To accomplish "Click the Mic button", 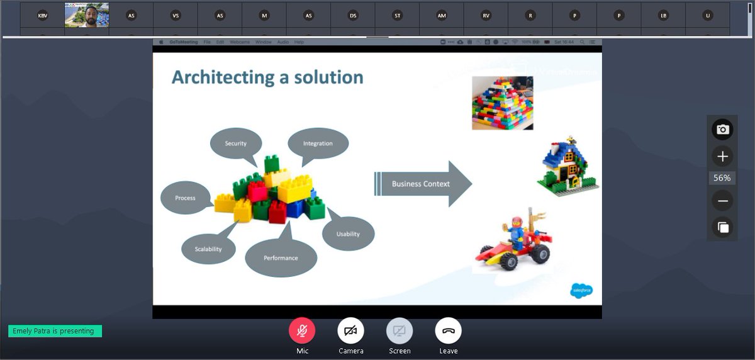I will pos(302,331).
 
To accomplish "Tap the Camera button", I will pos(350,331).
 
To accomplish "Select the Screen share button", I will pos(400,331).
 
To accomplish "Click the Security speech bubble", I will pos(236,143).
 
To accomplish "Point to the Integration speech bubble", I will pos(318,143).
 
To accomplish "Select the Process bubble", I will pos(185,198).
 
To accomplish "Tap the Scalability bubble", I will pos(208,249).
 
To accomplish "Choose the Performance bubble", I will pos(281,257).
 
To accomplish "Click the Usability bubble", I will pos(348,233).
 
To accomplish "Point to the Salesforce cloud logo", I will pos(581,290).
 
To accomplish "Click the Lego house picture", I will pos(568,164).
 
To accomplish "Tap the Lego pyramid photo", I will pos(502,103).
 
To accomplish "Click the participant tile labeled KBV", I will pos(42,15).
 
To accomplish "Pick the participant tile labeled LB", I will pos(663,15).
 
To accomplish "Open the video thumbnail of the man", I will pos(87,15).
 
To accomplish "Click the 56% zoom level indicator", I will pos(722,178).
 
